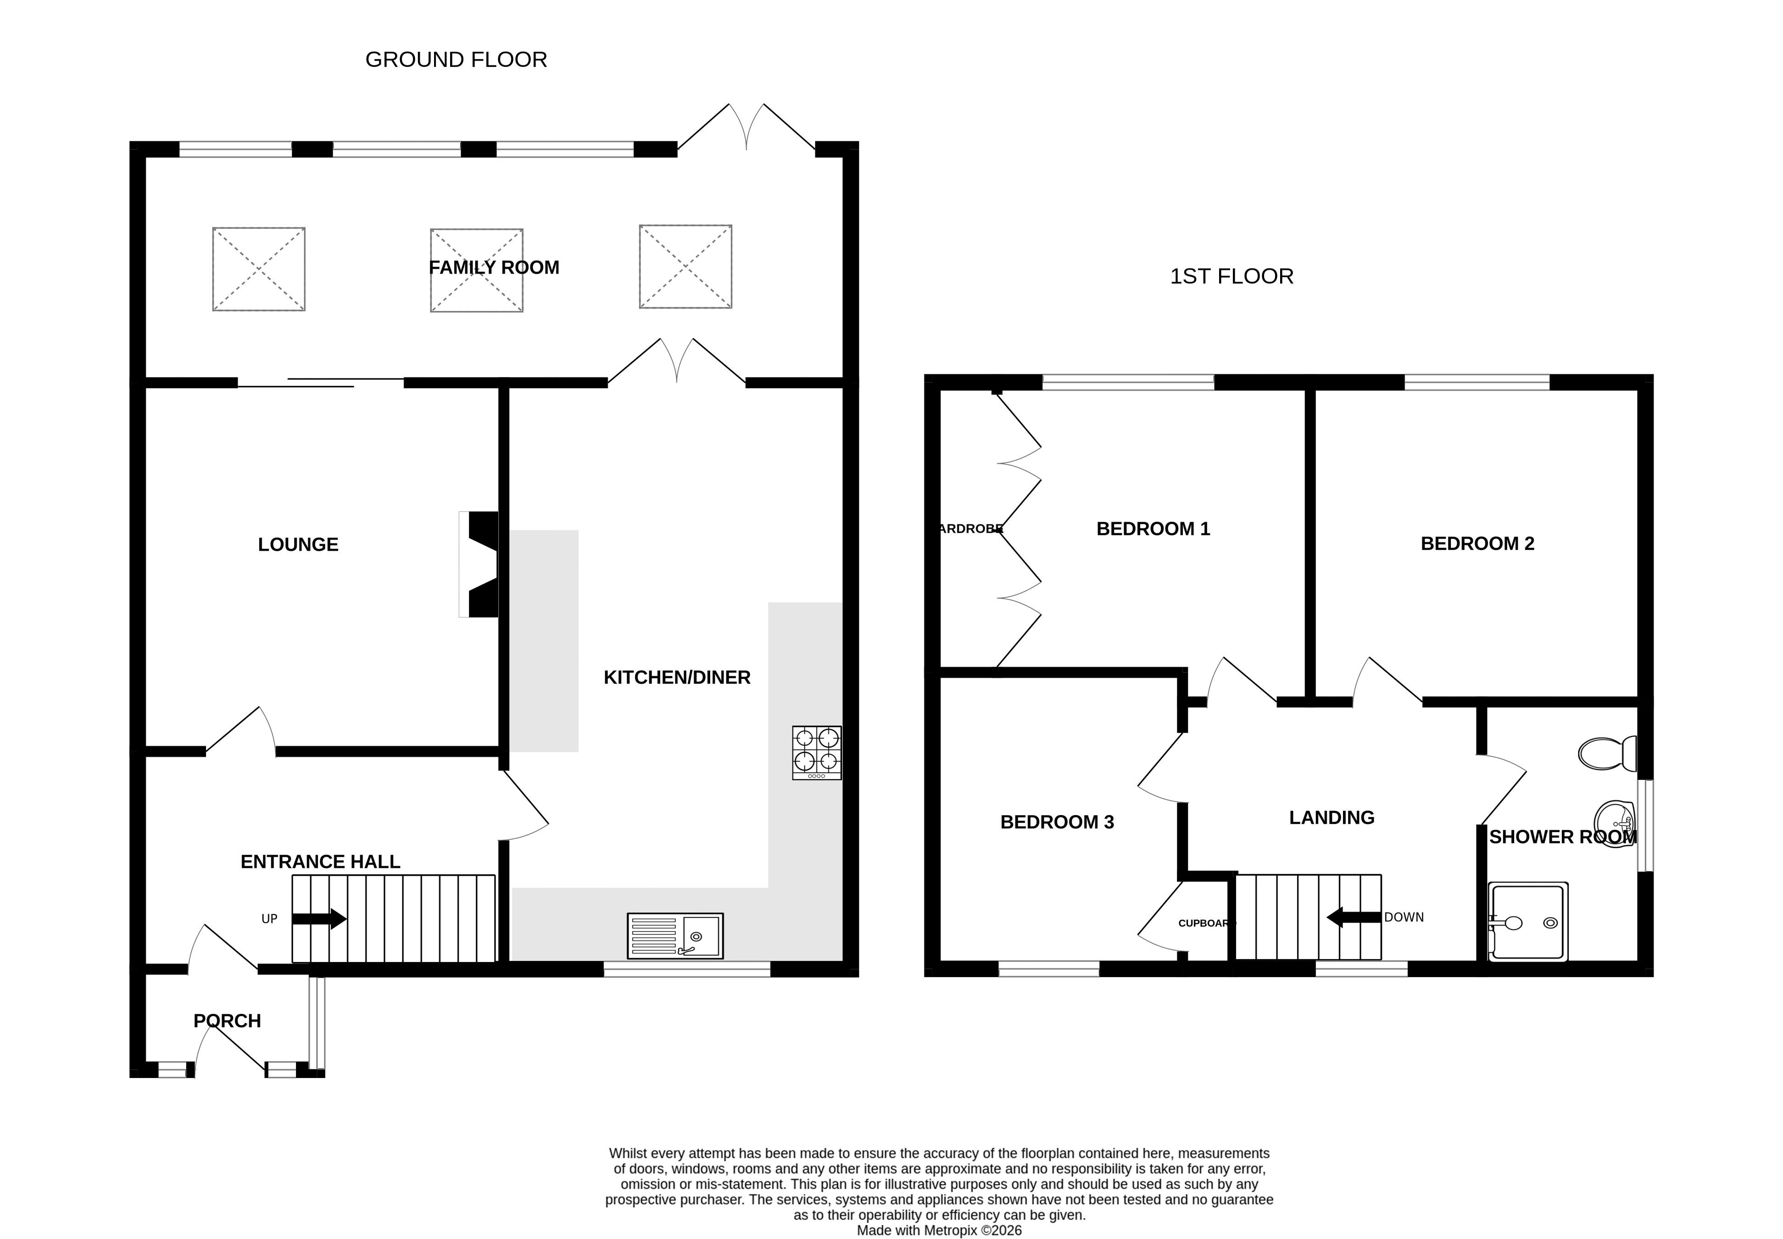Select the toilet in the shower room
pos(1607,753)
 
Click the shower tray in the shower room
pos(1527,922)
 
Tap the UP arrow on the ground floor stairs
pos(319,919)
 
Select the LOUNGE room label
pos(298,545)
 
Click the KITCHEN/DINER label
pos(677,678)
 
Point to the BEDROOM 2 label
pos(1478,544)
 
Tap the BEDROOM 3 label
pos(1057,822)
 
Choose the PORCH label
pos(227,1021)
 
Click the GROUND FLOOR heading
pos(456,60)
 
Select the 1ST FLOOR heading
pos(1231,276)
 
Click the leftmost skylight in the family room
pos(259,269)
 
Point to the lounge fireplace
pos(479,564)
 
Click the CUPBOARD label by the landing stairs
pos(1206,923)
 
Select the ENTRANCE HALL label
pos(320,862)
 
